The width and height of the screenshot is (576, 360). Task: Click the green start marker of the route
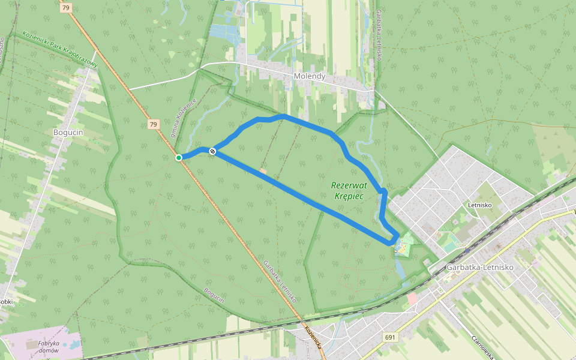[x=179, y=158]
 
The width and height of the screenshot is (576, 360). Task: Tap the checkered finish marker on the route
[x=212, y=151]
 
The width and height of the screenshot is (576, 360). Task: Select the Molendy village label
[x=310, y=76]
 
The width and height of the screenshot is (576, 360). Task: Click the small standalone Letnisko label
[x=480, y=205]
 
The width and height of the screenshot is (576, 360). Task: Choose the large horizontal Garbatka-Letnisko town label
[x=480, y=267]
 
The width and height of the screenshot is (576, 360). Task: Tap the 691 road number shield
[x=391, y=337]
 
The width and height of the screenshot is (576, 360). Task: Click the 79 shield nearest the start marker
[x=154, y=124]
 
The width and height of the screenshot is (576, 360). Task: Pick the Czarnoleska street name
[x=482, y=347]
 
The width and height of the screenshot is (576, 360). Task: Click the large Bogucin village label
[x=67, y=132]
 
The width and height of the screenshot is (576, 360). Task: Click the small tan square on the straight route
[x=263, y=171]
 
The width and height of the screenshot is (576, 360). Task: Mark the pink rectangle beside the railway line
[x=412, y=298]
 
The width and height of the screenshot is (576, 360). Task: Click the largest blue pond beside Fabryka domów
[x=76, y=345]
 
